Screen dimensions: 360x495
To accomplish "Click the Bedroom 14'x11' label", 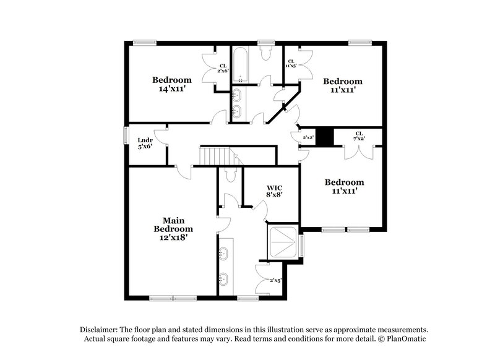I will tap(172, 84).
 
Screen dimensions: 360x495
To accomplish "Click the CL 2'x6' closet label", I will tap(223, 68).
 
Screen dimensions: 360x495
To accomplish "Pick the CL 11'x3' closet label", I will tap(291, 63).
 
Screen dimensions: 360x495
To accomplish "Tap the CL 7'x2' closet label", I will tap(359, 136).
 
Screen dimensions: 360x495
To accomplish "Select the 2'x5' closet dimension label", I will tap(275, 281).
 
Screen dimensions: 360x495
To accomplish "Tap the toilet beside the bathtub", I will tap(267, 54).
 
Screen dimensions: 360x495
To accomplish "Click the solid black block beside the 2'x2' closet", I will tap(325, 136).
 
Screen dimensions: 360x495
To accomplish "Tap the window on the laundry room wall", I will tap(126, 135).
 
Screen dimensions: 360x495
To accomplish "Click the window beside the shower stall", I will tap(303, 244).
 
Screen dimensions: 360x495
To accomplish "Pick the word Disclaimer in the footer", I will tap(100, 330).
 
